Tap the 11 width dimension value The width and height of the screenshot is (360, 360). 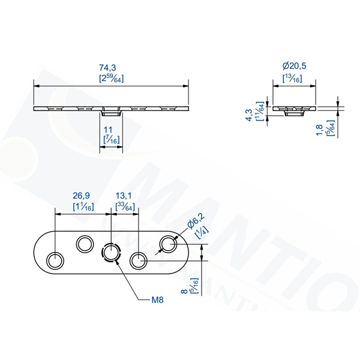tap(108, 129)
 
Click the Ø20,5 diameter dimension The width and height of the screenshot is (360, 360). tap(292, 68)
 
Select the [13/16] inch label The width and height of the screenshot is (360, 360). tap(292, 79)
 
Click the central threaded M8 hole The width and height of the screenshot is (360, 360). tap(111, 253)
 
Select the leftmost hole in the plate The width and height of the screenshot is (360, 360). tap(55, 260)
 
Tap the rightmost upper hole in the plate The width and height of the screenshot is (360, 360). tap(167, 243)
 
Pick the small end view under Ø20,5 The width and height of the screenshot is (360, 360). tap(292, 110)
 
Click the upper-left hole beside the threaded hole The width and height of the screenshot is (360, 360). tap(83, 243)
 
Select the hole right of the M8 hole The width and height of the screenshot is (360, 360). tap(139, 260)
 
